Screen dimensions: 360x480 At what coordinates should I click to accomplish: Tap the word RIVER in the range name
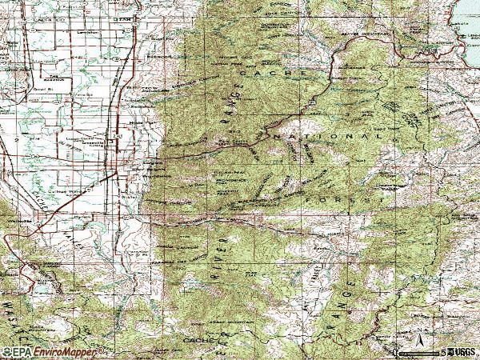[x=217, y=264]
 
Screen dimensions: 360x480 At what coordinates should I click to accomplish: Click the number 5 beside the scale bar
[x=442, y=352]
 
